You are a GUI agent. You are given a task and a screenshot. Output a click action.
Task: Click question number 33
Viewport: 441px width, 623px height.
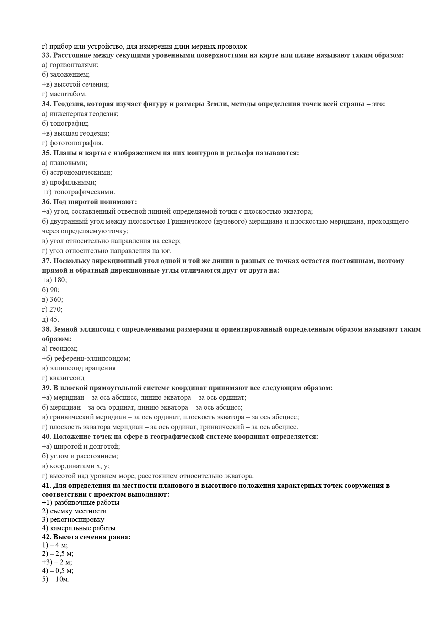[x=47, y=55]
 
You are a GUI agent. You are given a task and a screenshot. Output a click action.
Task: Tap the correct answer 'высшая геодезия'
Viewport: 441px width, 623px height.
[x=81, y=133]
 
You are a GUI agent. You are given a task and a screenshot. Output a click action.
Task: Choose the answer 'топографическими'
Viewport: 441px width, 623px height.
[x=84, y=192]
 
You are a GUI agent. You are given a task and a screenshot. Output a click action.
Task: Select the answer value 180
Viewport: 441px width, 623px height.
[x=60, y=280]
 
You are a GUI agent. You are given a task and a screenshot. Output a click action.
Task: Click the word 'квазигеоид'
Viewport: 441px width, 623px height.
[x=67, y=378]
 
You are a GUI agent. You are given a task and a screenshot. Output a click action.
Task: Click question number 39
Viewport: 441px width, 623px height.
[x=47, y=388]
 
